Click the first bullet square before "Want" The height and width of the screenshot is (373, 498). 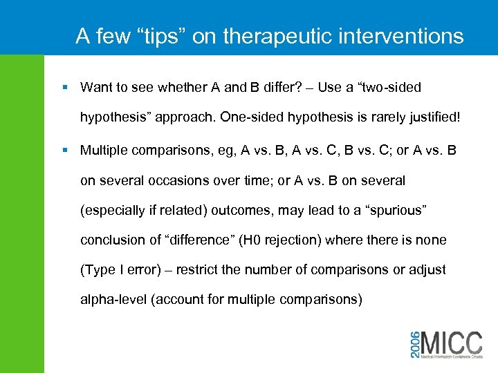tap(65, 88)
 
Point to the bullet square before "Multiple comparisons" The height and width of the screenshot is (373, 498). tap(65, 150)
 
